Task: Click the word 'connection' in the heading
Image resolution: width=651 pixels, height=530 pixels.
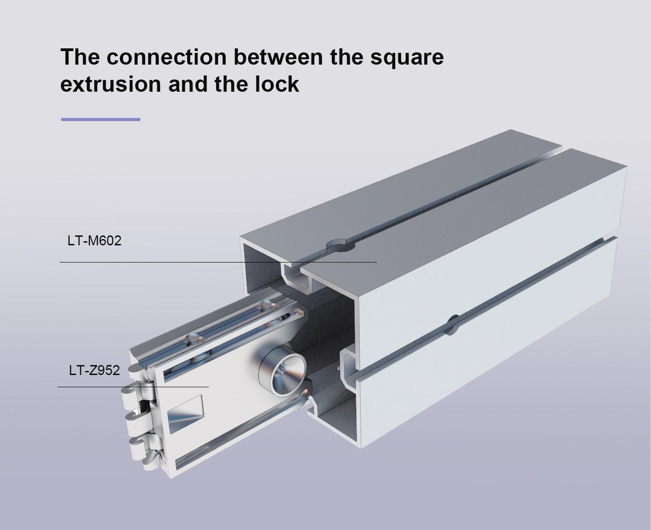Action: tap(166, 57)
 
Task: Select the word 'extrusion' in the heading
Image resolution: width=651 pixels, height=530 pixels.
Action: tap(111, 84)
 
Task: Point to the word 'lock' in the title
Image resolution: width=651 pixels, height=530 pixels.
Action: tap(277, 83)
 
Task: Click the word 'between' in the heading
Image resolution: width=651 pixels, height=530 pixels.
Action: tap(278, 57)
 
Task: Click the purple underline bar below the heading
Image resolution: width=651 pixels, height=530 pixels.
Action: tap(101, 119)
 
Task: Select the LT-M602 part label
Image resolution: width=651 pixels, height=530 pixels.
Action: tap(94, 241)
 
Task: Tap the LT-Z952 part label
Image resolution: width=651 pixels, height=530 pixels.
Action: tap(94, 370)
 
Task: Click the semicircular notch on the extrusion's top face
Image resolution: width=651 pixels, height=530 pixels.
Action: tap(340, 245)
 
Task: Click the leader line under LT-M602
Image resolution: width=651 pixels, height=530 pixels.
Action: tap(218, 262)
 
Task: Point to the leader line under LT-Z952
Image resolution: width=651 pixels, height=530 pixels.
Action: tap(133, 387)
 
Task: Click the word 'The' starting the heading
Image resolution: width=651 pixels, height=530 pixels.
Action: tap(80, 57)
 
